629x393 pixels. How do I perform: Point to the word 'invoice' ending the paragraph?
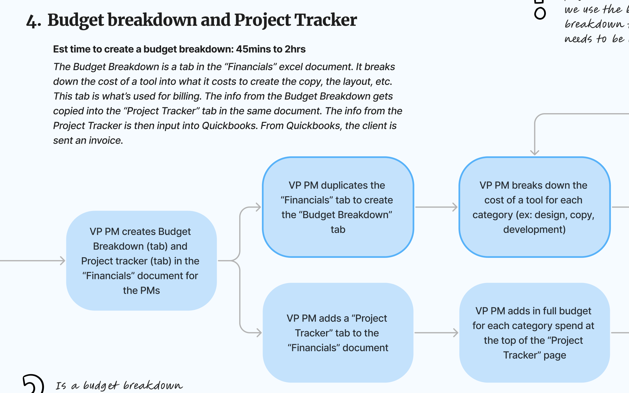click(x=106, y=141)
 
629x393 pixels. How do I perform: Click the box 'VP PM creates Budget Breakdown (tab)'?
click(x=141, y=261)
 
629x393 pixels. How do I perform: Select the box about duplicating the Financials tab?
click(x=338, y=207)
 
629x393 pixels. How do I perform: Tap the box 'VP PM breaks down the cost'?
click(x=534, y=207)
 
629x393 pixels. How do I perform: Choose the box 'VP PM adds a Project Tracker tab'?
click(x=338, y=333)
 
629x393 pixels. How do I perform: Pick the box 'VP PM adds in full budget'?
click(x=534, y=333)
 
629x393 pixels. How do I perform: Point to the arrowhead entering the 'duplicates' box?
click(x=258, y=207)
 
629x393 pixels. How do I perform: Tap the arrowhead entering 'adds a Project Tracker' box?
click(x=259, y=333)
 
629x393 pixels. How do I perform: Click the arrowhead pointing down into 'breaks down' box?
click(x=535, y=152)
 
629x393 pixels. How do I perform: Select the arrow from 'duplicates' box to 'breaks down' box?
click(x=436, y=207)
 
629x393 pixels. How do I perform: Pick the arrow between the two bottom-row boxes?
click(x=436, y=333)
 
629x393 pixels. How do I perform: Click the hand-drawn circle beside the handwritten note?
click(x=540, y=13)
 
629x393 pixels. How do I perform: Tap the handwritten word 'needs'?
click(x=578, y=39)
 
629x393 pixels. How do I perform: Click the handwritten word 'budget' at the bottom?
click(x=101, y=386)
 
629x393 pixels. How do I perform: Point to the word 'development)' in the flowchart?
click(x=534, y=229)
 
